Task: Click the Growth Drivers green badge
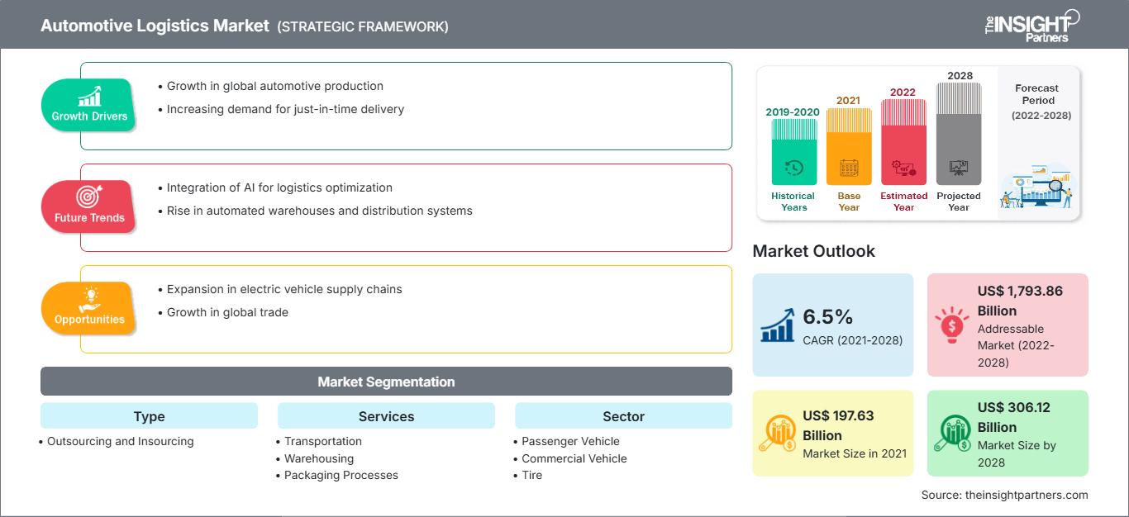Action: pos(89,105)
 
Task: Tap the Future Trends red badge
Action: pos(89,206)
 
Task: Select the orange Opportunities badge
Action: pos(89,308)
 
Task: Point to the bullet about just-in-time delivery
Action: pos(284,109)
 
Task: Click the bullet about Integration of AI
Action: pos(279,187)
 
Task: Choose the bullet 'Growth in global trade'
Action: pos(227,312)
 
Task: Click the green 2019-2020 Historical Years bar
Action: pos(793,152)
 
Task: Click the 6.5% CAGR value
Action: pos(827,316)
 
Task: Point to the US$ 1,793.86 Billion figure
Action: pos(1020,301)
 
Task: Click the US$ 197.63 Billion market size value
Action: pos(836,425)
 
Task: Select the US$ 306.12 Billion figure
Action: pos(1020,417)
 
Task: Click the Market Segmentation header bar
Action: pos(386,382)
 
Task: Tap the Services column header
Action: pos(386,416)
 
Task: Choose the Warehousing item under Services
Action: pos(319,458)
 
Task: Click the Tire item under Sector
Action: pos(532,475)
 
